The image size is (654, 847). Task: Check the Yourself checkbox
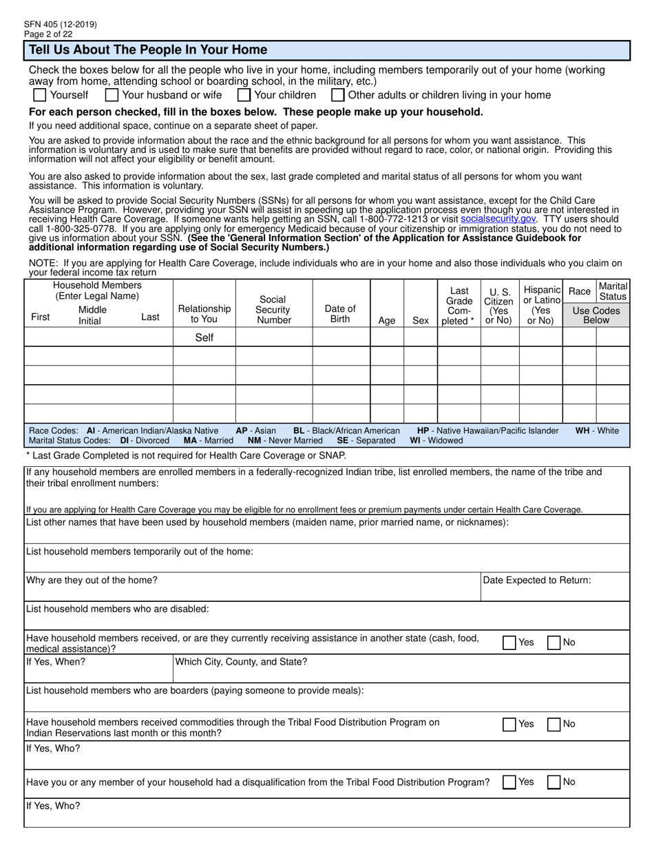[40, 95]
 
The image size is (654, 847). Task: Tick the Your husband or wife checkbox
[112, 95]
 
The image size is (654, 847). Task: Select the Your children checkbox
[244, 95]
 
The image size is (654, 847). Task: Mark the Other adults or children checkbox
[338, 95]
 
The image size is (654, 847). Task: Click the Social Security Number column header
[273, 309]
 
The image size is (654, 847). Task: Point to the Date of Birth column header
[340, 313]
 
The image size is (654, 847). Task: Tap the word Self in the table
[204, 337]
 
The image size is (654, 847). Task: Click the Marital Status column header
[612, 291]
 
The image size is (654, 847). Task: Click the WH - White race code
[597, 430]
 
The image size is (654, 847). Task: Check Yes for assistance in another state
[509, 642]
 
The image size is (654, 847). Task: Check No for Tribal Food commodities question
[553, 724]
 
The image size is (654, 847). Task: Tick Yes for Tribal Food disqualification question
[509, 782]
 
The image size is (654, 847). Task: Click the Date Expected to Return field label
[537, 581]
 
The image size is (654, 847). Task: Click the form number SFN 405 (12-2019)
[60, 24]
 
